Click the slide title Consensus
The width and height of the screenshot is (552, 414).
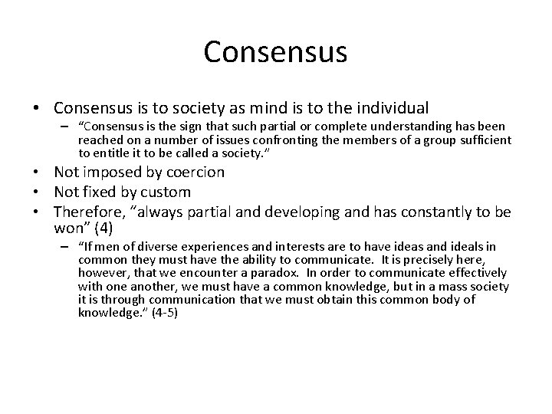pyautogui.click(x=276, y=52)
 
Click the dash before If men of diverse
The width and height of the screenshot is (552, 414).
pyautogui.click(x=65, y=246)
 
